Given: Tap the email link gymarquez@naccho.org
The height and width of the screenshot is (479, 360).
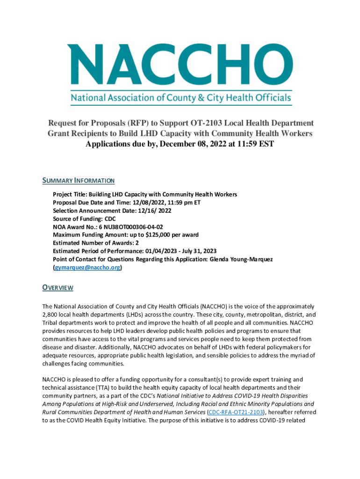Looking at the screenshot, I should point(88,268).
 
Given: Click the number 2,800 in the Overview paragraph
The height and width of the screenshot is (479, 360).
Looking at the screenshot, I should point(51,315).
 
